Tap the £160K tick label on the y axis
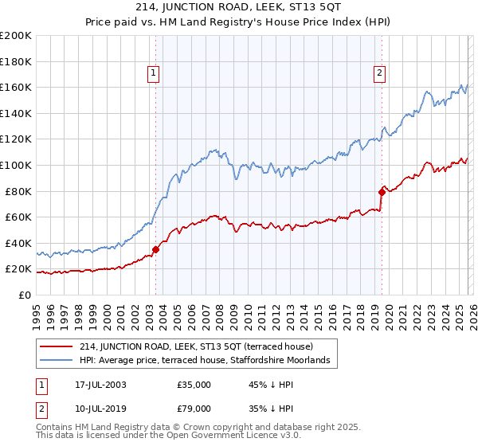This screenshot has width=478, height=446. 16,87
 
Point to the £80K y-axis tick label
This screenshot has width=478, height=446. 18,191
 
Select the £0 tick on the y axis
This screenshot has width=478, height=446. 24,295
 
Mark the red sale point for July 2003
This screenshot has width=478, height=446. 156,249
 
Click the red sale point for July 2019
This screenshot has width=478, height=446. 382,191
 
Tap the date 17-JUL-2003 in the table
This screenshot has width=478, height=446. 100,385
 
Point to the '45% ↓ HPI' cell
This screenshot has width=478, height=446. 272,385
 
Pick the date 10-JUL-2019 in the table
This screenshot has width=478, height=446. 100,408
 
